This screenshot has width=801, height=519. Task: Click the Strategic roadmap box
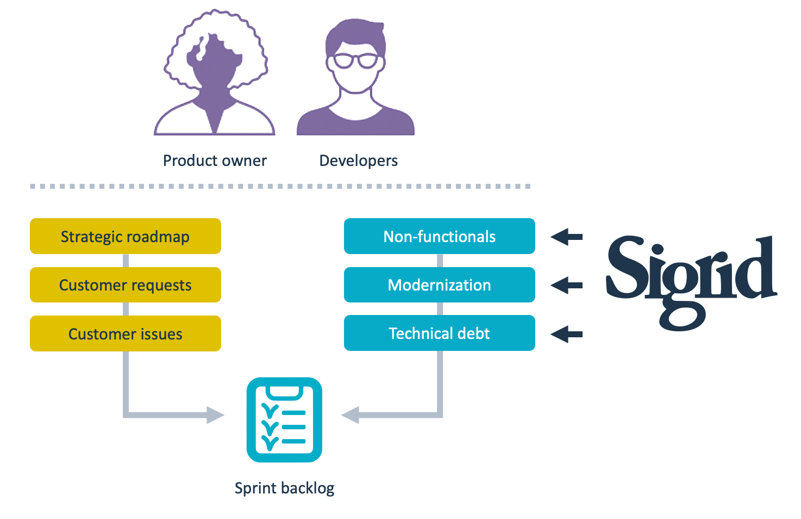pos(126,236)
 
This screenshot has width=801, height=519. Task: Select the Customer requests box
pos(126,285)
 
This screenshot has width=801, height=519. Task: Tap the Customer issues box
pos(126,333)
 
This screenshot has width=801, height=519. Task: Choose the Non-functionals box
pos(440,236)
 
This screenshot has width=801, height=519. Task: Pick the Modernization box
pos(440,285)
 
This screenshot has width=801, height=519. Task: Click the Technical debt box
pos(440,333)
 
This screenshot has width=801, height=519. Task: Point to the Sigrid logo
pos(691,283)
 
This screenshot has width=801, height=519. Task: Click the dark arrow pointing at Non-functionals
pos(566,237)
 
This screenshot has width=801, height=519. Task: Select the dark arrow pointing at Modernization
pos(566,285)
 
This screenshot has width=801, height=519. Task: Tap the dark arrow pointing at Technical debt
pos(566,335)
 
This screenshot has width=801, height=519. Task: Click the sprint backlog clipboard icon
pos(285,419)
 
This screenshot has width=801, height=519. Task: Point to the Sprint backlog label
pos(285,488)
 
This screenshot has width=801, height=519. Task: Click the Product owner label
pos(215,160)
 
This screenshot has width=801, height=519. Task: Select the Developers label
pos(358,161)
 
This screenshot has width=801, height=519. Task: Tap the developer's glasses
pos(355,60)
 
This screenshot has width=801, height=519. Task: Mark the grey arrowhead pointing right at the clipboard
pos(215,415)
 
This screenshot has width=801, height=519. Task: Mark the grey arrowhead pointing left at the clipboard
pos(351,415)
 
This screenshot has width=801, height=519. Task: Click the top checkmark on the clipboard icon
pos(270,410)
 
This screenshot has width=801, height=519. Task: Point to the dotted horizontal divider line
pos(280,186)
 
